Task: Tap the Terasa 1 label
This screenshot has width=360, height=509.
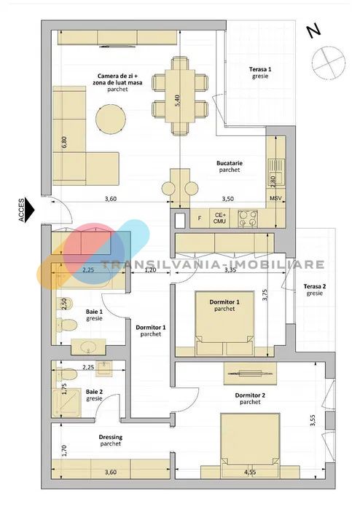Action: tap(260, 73)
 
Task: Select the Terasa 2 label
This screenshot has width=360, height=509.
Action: tap(315, 290)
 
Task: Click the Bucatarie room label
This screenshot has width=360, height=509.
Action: tap(230, 166)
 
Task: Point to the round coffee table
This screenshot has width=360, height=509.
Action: tap(111, 119)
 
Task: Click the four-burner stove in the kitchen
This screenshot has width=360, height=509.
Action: tap(249, 218)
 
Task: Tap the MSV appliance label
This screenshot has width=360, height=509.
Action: tap(275, 199)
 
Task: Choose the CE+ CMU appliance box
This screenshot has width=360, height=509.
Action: tap(219, 218)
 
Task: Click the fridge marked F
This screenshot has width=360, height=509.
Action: tap(200, 218)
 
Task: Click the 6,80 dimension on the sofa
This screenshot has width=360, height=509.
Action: tap(64, 142)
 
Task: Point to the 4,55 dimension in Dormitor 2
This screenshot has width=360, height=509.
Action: tap(249, 472)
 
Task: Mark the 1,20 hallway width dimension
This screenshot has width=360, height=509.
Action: tap(150, 269)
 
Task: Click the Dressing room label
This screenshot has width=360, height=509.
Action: tap(111, 441)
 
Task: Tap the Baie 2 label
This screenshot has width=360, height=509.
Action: tap(94, 395)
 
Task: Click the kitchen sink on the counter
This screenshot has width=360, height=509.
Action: tap(276, 168)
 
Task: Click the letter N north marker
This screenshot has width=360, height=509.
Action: tap(314, 31)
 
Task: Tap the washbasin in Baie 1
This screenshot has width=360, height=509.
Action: tap(88, 347)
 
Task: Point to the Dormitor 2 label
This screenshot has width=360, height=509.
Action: tap(250, 398)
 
